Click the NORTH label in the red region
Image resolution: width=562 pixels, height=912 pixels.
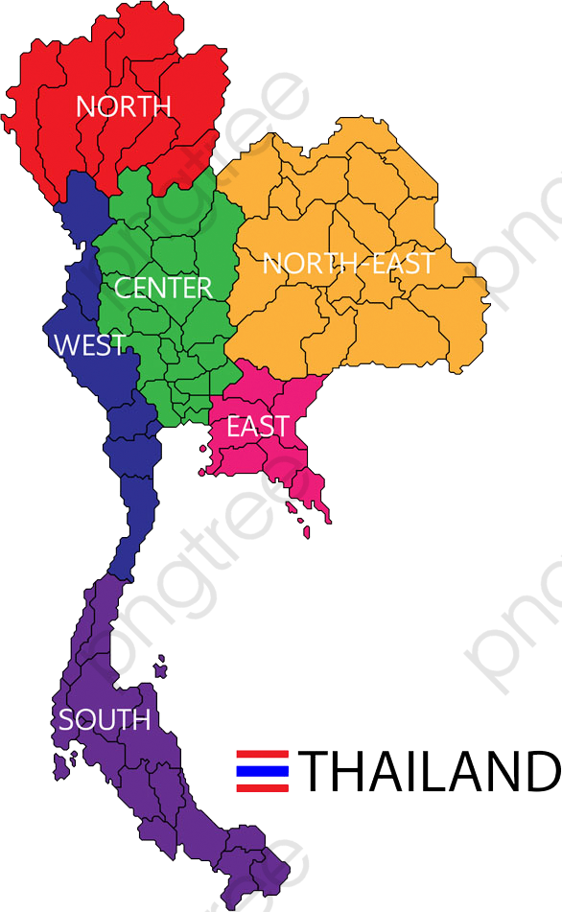tap(123, 106)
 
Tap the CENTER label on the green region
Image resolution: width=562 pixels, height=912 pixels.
tap(163, 287)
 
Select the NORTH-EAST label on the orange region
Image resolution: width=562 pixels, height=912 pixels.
tap(348, 264)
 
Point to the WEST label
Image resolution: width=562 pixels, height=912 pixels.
tap(89, 345)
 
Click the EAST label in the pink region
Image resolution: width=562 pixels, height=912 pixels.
tap(257, 427)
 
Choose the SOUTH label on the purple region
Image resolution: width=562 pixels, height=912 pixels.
tap(105, 719)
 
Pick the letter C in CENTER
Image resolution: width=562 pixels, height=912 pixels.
tap(123, 287)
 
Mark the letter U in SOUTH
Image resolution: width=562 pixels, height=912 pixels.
tap(105, 719)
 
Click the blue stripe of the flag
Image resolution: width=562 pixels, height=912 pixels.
tap(263, 770)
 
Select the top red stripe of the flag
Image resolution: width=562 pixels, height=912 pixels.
tap(263, 755)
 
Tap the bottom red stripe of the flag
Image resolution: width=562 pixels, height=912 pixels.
tap(263, 787)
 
